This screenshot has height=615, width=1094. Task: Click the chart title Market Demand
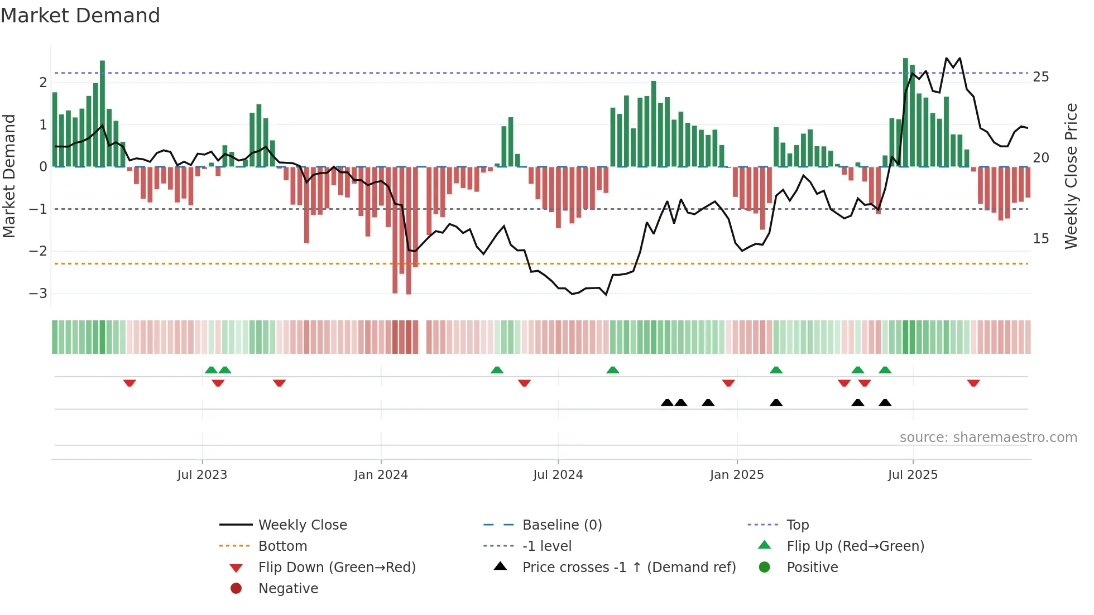tap(80, 16)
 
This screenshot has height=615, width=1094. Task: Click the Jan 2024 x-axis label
tap(381, 475)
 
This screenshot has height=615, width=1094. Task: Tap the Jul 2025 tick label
tap(913, 475)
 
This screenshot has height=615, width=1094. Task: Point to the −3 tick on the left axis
tap(38, 294)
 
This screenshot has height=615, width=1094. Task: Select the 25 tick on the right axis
tap(1040, 77)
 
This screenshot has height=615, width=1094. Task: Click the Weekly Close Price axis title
tap(1071, 176)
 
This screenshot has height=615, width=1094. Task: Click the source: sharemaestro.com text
tap(988, 438)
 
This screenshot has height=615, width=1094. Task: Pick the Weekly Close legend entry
tap(302, 525)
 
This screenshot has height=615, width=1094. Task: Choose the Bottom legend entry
tap(282, 546)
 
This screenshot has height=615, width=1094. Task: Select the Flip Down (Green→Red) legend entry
tap(337, 568)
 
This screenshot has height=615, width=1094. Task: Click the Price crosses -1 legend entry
tap(628, 568)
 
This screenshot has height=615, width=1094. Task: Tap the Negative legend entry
tap(288, 589)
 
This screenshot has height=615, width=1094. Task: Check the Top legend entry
tap(797, 525)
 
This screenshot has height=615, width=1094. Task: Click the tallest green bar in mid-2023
tap(102, 112)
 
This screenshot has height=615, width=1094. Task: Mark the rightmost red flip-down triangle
tap(973, 383)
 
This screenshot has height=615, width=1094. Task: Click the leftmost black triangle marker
tap(667, 402)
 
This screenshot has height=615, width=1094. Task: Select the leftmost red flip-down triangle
tap(129, 383)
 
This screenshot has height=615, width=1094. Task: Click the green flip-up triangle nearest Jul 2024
tap(613, 370)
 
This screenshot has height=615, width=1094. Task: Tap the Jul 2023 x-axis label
tap(202, 475)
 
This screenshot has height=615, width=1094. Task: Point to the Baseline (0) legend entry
tap(562, 525)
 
